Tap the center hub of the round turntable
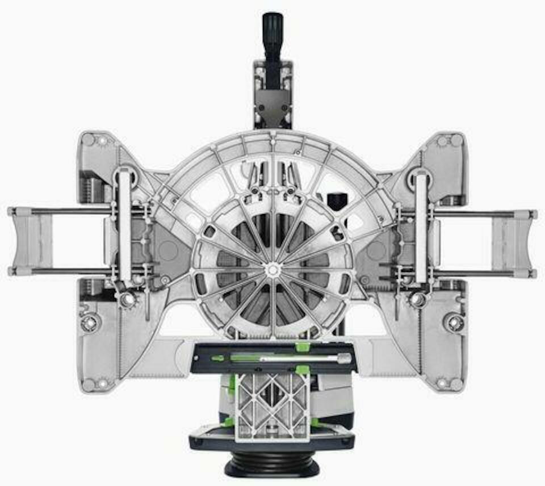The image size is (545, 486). click(272, 269)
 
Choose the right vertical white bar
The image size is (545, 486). click(421, 227)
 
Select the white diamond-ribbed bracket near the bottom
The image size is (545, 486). click(272, 406)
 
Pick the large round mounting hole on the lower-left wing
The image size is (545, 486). click(91, 322)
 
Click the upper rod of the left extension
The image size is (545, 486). click(62, 212)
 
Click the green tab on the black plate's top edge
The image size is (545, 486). click(302, 346)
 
